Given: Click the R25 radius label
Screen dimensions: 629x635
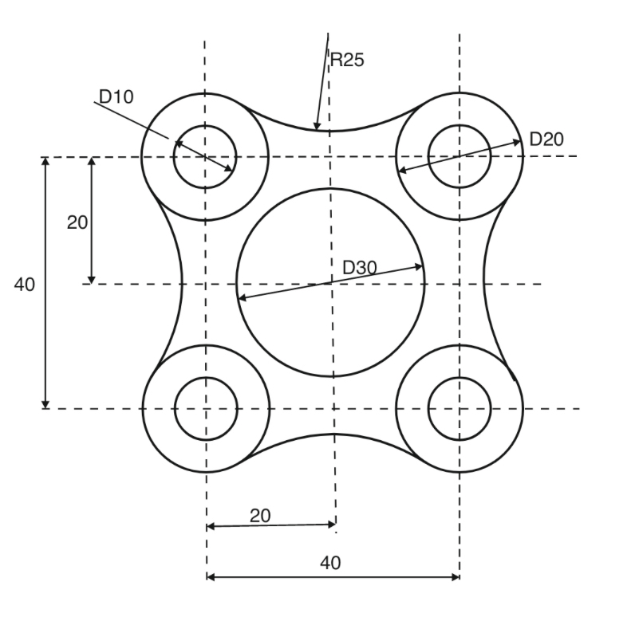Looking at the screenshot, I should pyautogui.click(x=348, y=61).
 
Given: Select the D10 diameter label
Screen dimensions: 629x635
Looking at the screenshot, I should pyautogui.click(x=116, y=96).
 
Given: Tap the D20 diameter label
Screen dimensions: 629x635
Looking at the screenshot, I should pyautogui.click(x=546, y=138).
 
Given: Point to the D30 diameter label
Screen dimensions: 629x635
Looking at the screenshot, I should pyautogui.click(x=359, y=268).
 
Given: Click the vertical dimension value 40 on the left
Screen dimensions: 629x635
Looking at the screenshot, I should pyautogui.click(x=25, y=284).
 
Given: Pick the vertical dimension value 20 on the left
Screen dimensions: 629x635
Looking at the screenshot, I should pyautogui.click(x=77, y=222).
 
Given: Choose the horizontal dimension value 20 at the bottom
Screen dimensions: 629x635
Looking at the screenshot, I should pyautogui.click(x=260, y=515).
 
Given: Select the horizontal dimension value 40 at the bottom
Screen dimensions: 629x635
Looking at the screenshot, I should pyautogui.click(x=330, y=563).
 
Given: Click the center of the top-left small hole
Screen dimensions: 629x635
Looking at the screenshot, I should pyautogui.click(x=206, y=156).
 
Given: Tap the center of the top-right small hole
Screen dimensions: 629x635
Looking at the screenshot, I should pyautogui.click(x=459, y=156).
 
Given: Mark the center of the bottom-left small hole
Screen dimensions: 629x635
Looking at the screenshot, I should pyautogui.click(x=206, y=409).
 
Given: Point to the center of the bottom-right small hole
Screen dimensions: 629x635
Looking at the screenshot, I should pyautogui.click(x=459, y=409).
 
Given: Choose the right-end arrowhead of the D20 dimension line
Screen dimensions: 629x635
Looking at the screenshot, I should pyautogui.click(x=520, y=142).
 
